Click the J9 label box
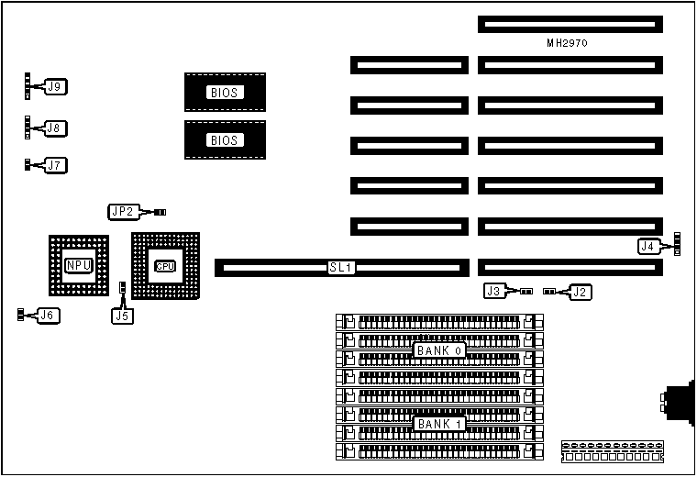click(54, 87)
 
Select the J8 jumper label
click(54, 128)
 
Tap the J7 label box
click(54, 166)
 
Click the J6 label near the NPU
click(49, 316)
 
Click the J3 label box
click(495, 292)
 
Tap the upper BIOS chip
click(225, 93)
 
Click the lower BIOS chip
click(225, 140)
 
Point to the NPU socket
click(78, 266)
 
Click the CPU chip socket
click(164, 266)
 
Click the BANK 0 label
click(441, 350)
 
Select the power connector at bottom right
click(612, 450)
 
